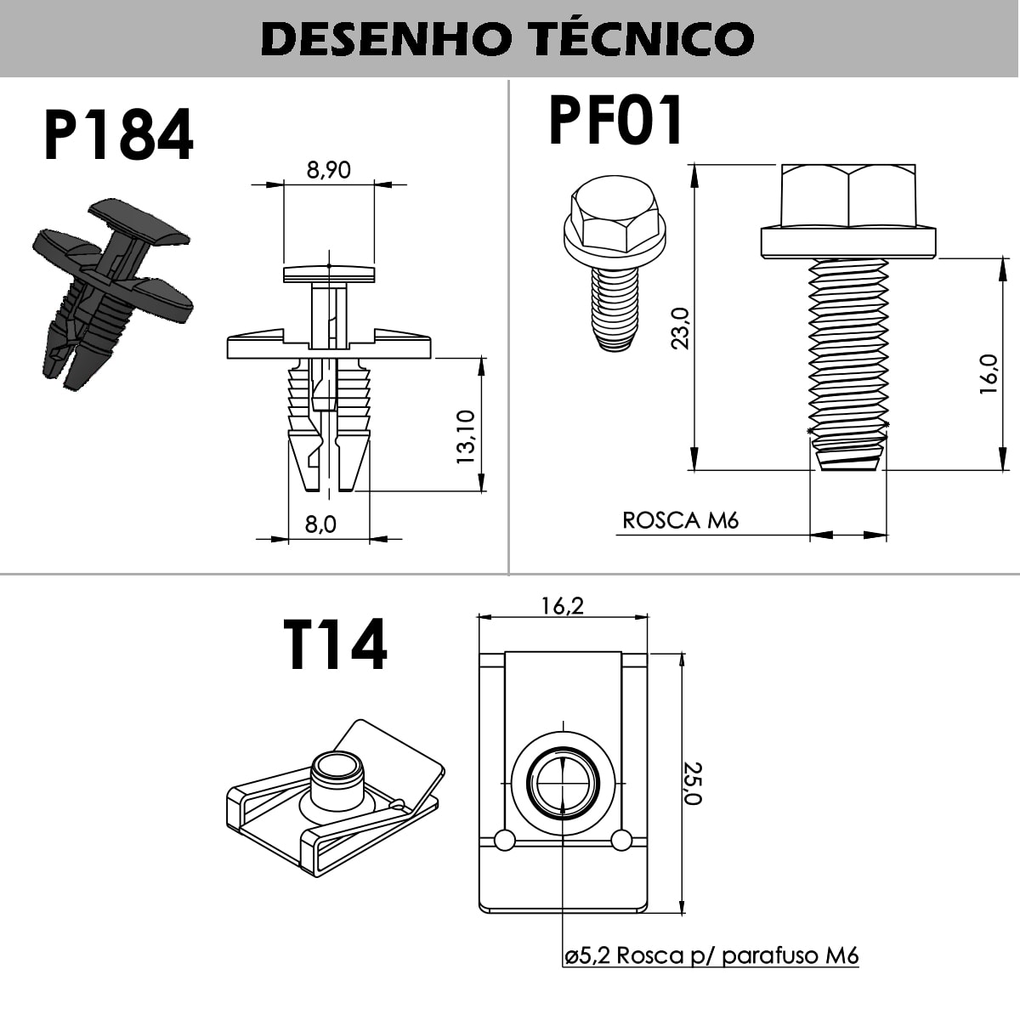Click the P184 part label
(x=118, y=136)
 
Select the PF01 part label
(x=615, y=121)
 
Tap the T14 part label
(x=335, y=644)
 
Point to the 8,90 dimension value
(x=328, y=170)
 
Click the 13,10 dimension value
(x=466, y=436)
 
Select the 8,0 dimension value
(x=320, y=524)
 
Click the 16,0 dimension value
(x=989, y=374)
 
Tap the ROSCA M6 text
(x=680, y=520)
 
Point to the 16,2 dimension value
(x=563, y=605)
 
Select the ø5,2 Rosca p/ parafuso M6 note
(x=711, y=955)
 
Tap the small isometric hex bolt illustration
(x=614, y=259)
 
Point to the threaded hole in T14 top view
(x=563, y=783)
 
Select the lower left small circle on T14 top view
(x=505, y=840)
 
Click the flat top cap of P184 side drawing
(x=328, y=274)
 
